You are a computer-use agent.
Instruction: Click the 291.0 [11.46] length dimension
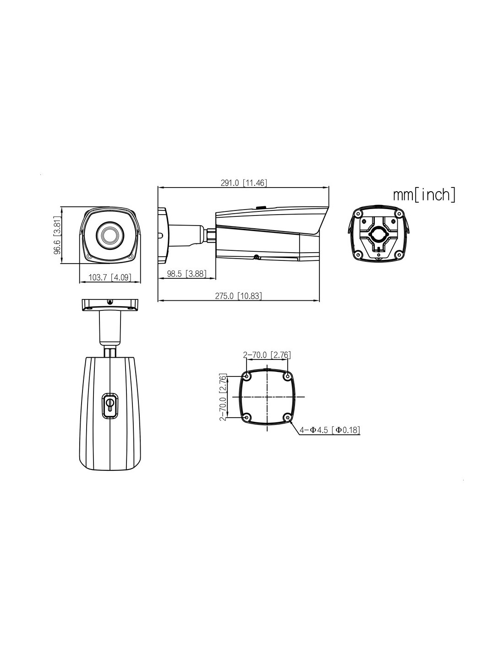[243, 183]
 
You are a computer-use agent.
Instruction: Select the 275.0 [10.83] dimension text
[238, 296]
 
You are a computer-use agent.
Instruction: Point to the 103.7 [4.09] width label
[110, 277]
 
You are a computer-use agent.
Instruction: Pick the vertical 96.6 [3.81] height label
[57, 235]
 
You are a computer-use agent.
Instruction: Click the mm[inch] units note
[424, 195]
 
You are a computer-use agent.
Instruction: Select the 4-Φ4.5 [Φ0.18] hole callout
[330, 430]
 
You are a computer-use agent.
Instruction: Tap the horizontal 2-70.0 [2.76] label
[267, 355]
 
